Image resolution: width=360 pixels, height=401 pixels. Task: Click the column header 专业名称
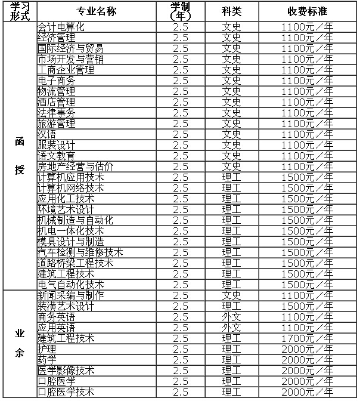(x=100, y=11)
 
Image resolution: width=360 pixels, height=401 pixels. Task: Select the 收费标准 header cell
(x=307, y=11)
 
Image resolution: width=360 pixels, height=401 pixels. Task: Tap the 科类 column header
(x=231, y=11)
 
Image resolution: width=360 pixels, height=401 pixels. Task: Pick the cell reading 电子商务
(x=57, y=81)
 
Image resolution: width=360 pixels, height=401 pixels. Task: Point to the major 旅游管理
(x=57, y=124)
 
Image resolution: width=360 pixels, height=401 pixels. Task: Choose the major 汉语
(x=47, y=134)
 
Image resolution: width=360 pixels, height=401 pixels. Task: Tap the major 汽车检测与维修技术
(x=80, y=252)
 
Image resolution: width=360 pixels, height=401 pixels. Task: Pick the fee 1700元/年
(x=307, y=338)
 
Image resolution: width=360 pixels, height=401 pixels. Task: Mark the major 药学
(x=47, y=360)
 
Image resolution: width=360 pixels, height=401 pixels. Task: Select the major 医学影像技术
(x=66, y=371)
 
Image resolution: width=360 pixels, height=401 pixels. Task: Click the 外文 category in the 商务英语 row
(x=231, y=317)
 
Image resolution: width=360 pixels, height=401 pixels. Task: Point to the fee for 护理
(x=307, y=349)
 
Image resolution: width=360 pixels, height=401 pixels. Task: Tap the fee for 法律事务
(x=307, y=113)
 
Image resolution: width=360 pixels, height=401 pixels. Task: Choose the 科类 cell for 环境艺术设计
(x=231, y=209)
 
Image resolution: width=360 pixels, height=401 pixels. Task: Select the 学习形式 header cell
(x=20, y=11)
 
